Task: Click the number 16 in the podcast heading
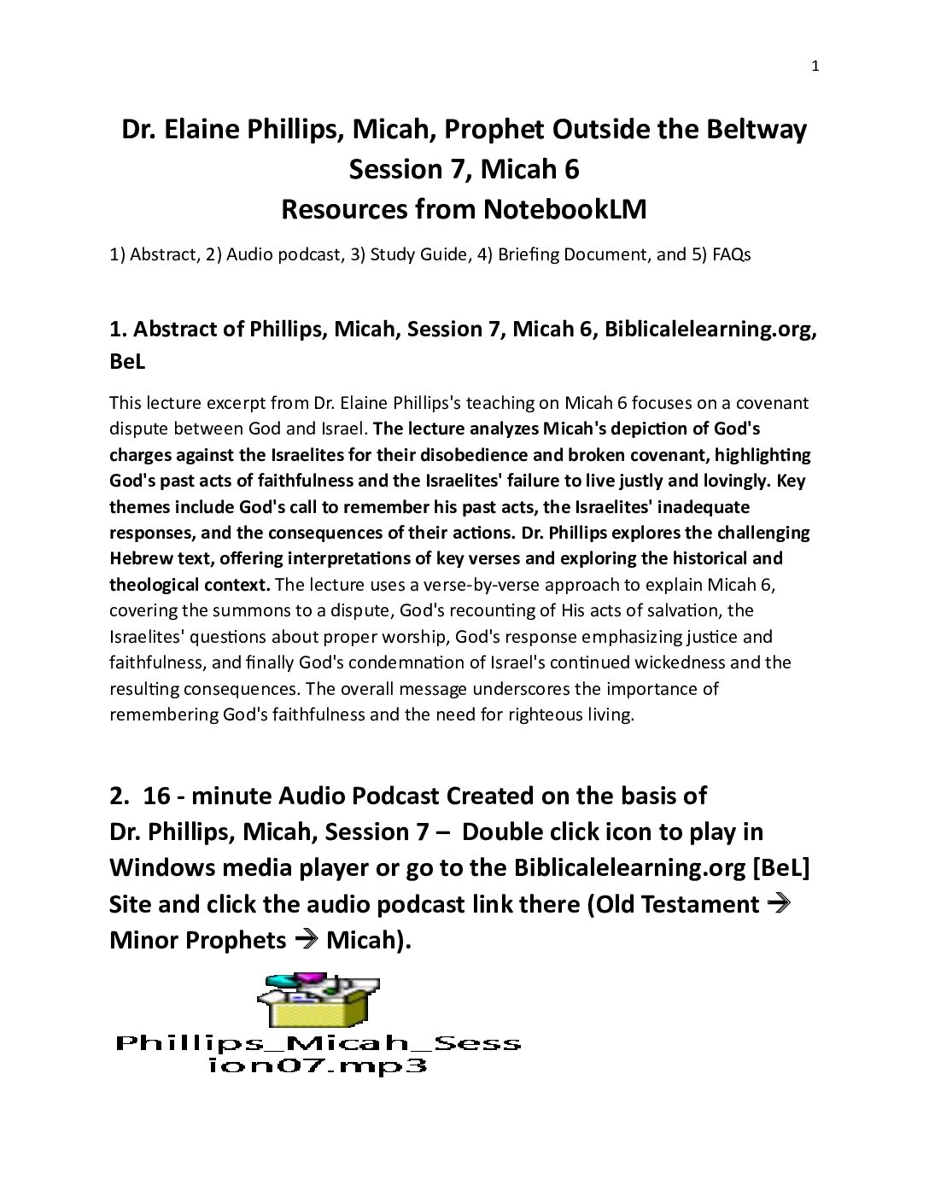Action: [157, 796]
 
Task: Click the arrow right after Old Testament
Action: [777, 903]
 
